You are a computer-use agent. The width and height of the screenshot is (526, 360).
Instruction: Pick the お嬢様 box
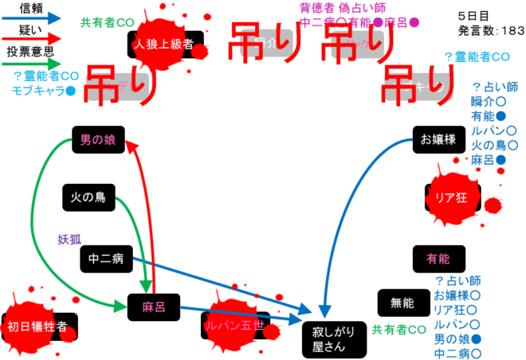point(438,140)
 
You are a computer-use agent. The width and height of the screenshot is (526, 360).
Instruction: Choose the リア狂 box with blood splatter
point(450,197)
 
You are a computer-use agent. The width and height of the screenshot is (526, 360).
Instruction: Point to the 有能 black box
point(438,258)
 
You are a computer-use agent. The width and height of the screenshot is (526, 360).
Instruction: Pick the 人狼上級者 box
point(164,44)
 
